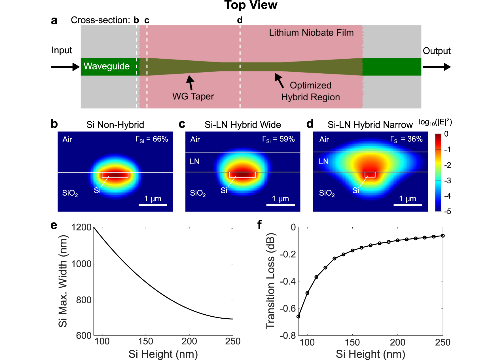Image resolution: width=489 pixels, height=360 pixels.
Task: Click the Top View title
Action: pos(251,5)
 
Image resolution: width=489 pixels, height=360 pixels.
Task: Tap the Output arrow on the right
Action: pos(437,67)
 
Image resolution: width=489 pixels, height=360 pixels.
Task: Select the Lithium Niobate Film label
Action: pos(311,33)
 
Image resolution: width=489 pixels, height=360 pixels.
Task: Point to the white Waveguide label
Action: pos(107,66)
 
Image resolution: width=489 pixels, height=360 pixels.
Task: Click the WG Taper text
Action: pos(193,96)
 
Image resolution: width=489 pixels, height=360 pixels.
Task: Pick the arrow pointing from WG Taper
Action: pos(190,82)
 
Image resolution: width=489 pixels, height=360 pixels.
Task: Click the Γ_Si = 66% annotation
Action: pos(152,139)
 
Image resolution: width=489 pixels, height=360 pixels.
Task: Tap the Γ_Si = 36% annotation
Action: pos(406,139)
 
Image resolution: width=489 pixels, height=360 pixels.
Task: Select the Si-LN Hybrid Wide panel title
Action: pos(243,125)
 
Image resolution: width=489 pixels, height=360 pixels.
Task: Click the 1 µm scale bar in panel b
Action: pos(153,205)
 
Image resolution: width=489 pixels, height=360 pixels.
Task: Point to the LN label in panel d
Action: pos(323,162)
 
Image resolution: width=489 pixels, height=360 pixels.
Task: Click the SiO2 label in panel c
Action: pos(198,193)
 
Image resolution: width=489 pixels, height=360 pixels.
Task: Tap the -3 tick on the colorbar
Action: pos(447,181)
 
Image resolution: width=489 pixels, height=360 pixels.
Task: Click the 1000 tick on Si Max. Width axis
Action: pos(81,264)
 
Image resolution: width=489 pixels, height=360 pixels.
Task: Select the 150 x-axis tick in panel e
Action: pos(146,341)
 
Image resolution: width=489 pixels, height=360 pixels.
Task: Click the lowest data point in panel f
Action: pos(298,316)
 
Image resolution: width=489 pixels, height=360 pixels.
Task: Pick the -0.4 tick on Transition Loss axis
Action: pos(288,281)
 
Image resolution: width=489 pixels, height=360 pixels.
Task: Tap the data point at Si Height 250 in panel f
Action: pos(443,236)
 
